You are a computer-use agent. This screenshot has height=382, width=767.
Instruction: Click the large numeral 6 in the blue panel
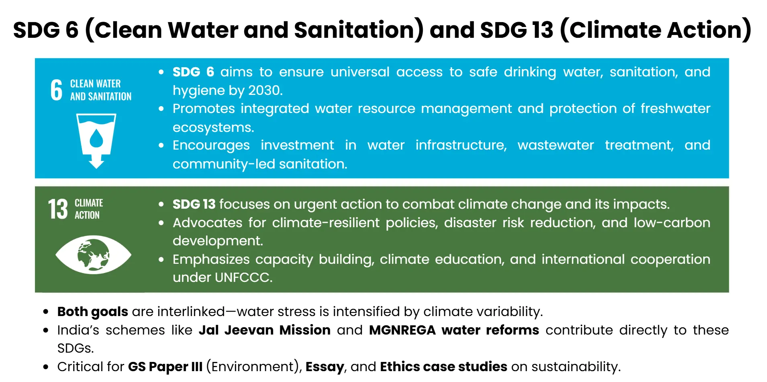[57, 90]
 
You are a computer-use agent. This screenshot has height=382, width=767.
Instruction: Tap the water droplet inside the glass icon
[96, 138]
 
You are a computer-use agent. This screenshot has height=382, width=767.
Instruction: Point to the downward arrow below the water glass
[96, 162]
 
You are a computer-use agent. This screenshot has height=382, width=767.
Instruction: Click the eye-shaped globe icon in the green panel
[93, 255]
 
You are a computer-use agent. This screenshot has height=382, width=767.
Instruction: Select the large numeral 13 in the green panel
[58, 209]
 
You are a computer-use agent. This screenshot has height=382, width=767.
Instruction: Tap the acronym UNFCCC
[243, 277]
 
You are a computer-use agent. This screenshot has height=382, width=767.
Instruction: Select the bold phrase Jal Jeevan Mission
[265, 330]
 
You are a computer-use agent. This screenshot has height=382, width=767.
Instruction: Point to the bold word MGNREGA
[402, 330]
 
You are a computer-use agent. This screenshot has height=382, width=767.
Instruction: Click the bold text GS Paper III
[165, 367]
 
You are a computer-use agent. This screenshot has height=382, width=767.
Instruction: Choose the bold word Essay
[324, 367]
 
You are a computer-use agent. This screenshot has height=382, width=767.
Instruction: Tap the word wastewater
[555, 145]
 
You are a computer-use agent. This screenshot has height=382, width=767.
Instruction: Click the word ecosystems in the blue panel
[213, 127]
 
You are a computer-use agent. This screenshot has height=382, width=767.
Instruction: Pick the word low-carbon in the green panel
[672, 223]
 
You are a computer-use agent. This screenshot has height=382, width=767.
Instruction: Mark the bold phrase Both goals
[92, 312]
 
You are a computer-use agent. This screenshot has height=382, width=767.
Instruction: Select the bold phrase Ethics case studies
[443, 367]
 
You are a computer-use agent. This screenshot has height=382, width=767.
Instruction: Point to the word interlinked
[191, 312]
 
